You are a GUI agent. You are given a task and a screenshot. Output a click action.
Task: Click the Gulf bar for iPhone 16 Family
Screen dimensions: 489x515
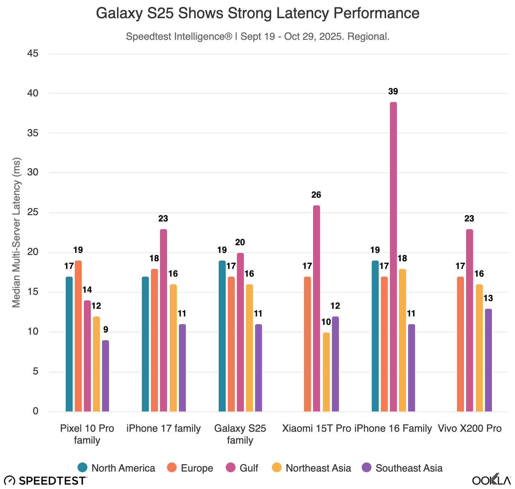pos(393,257)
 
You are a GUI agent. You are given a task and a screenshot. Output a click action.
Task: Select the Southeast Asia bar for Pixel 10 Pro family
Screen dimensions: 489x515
pos(106,376)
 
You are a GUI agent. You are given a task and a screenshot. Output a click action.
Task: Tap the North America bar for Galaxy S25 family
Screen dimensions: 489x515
pos(222,336)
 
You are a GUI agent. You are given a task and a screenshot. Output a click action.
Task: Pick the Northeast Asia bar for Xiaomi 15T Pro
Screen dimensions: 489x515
pos(326,372)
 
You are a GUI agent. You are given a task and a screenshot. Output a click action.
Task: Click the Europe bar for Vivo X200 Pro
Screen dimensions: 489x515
pos(460,344)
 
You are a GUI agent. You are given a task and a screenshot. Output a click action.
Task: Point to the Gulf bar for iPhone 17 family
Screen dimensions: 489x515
pos(163,320)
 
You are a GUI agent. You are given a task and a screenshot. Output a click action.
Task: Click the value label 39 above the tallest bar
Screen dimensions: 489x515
pos(393,92)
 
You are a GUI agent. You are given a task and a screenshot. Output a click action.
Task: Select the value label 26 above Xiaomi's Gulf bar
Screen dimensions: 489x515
pos(316,195)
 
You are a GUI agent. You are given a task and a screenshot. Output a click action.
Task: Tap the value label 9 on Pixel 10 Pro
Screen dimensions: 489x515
pos(106,330)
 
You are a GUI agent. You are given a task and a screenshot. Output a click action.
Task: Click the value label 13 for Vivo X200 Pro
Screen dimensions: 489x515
pos(488,298)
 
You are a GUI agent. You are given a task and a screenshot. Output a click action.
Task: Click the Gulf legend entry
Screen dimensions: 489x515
pos(242,468)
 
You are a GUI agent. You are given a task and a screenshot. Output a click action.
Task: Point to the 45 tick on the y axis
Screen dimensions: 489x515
pos(33,53)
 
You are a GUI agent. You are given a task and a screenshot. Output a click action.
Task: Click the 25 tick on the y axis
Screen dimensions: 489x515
pos(33,212)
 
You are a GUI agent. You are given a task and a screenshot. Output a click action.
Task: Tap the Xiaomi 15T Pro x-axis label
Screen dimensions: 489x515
pos(316,429)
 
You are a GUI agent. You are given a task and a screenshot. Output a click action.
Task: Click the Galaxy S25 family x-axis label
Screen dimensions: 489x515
pos(240,434)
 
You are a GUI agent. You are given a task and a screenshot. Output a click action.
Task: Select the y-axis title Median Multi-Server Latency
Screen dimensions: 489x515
pos(16,232)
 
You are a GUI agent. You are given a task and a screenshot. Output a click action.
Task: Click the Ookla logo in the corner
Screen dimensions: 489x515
pos(491,480)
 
